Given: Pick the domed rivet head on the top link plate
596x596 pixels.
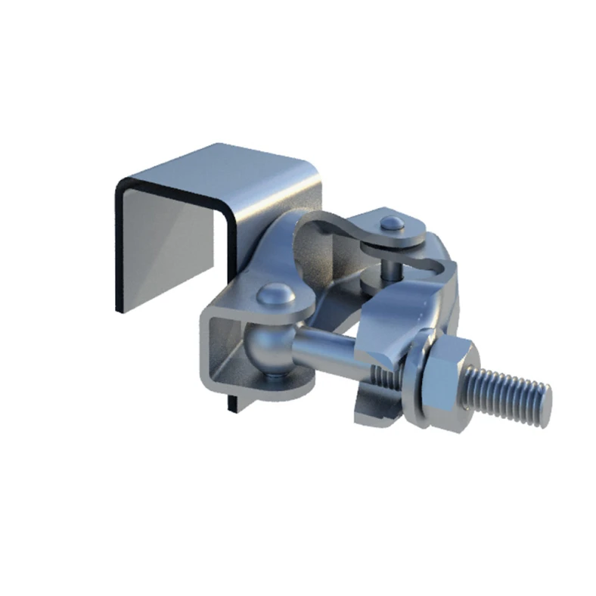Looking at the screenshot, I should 391,223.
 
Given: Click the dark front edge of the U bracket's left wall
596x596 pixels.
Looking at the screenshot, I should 119,250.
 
